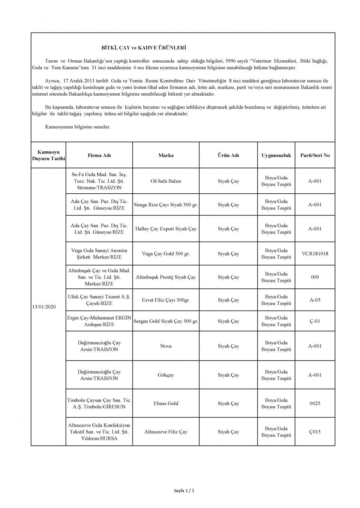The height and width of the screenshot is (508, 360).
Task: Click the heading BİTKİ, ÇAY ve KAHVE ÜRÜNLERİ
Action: coord(144,48)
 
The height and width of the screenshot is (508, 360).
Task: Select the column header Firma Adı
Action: coord(99,155)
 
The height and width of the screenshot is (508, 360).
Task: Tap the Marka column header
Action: coord(166,155)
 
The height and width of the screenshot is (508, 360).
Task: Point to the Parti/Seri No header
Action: coord(315,155)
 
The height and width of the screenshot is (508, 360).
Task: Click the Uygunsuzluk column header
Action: coord(276,155)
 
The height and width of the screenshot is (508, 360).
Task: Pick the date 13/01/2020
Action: coord(44,307)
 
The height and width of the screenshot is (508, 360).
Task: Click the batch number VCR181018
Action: coord(315,254)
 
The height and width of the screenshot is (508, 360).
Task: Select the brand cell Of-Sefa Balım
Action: coord(166,181)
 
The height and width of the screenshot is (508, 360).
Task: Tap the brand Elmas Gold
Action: coord(166,403)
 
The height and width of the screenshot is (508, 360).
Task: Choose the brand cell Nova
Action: coord(166,346)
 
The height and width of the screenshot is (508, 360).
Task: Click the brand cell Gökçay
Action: coord(166,375)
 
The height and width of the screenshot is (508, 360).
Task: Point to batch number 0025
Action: coord(315,403)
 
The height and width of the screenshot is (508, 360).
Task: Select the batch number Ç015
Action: coord(315,432)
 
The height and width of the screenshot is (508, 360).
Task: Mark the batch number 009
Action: coord(315,277)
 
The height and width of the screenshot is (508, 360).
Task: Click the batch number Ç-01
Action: coord(315,321)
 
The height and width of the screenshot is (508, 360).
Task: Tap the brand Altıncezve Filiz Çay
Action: coord(166,432)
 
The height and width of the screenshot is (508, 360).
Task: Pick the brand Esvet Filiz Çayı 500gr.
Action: coord(166,300)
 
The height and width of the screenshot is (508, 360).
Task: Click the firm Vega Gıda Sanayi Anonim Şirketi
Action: coord(99,254)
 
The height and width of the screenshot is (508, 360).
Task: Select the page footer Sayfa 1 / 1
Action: coord(184,490)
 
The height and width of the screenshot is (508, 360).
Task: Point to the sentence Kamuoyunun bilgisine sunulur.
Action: coord(78,127)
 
